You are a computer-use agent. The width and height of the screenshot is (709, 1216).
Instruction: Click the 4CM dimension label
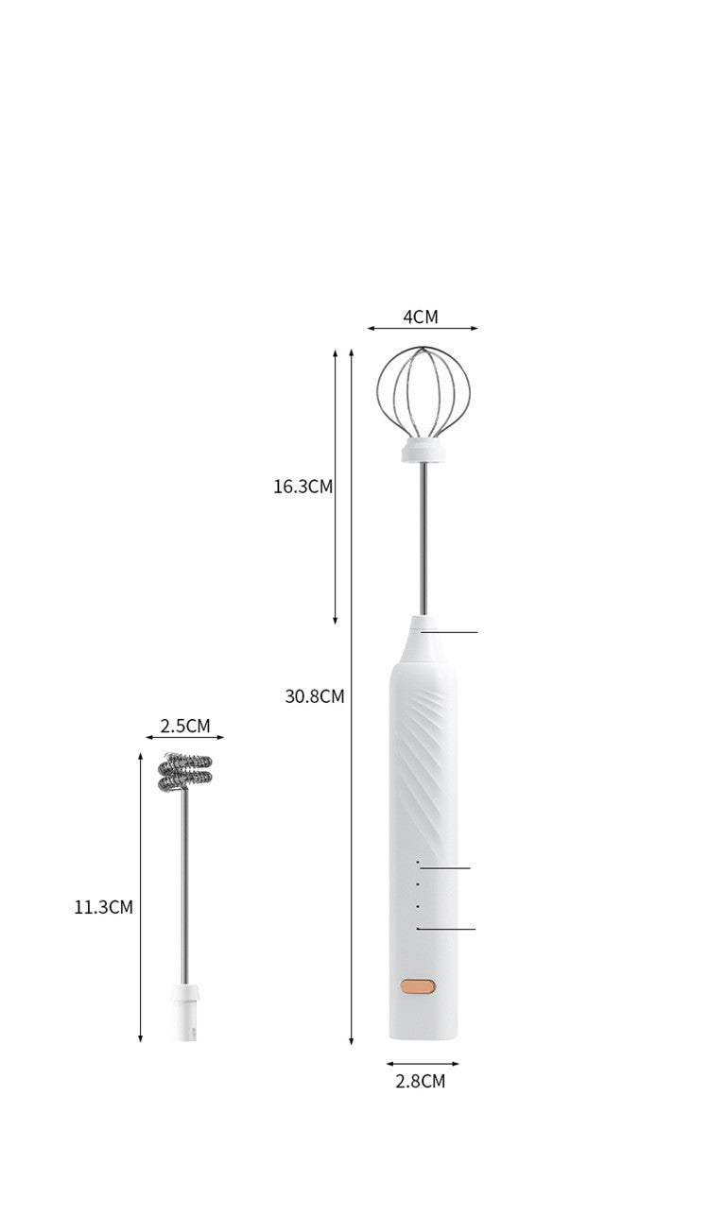pyautogui.click(x=421, y=317)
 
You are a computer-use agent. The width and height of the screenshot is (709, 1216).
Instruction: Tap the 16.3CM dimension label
pyautogui.click(x=303, y=487)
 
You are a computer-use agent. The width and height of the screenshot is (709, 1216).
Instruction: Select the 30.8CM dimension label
pyautogui.click(x=315, y=696)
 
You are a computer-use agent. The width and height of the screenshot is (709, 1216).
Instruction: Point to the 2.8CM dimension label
pyautogui.click(x=420, y=1082)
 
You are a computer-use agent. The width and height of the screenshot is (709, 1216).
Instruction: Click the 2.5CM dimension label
pyautogui.click(x=185, y=726)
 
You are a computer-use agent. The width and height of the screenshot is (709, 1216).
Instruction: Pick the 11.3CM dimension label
pyautogui.click(x=103, y=907)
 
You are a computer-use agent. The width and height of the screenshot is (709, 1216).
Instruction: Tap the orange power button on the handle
pyautogui.click(x=417, y=986)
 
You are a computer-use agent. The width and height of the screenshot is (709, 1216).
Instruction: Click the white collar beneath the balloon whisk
pyautogui.click(x=422, y=452)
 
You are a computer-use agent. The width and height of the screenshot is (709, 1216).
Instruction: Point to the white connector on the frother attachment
pyautogui.click(x=186, y=1014)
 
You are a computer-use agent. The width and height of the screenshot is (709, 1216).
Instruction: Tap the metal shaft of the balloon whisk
pyautogui.click(x=423, y=539)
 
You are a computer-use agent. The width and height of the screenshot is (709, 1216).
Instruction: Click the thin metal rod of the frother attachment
pyautogui.click(x=185, y=888)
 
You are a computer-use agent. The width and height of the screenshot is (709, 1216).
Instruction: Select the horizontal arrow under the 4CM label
pyautogui.click(x=423, y=329)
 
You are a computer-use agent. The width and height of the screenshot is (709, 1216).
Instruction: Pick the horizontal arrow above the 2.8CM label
pyautogui.click(x=422, y=1064)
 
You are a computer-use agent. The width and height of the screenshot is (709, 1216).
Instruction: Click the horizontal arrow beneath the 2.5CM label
pyautogui.click(x=185, y=738)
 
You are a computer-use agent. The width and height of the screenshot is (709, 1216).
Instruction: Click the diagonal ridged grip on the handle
pyautogui.click(x=427, y=756)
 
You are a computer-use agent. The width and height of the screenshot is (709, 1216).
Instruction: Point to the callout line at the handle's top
pyautogui.click(x=452, y=632)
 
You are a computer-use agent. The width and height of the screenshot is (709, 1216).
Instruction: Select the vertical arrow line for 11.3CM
pyautogui.click(x=140, y=898)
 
